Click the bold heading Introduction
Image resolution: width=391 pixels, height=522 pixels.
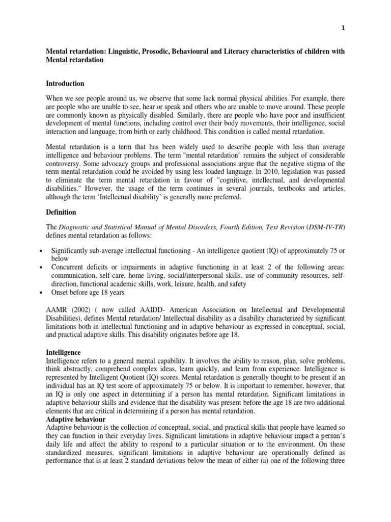click(x=65, y=84)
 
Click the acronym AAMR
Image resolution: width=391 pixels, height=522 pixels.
click(x=57, y=310)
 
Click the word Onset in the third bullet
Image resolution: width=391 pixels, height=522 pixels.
click(x=61, y=294)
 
